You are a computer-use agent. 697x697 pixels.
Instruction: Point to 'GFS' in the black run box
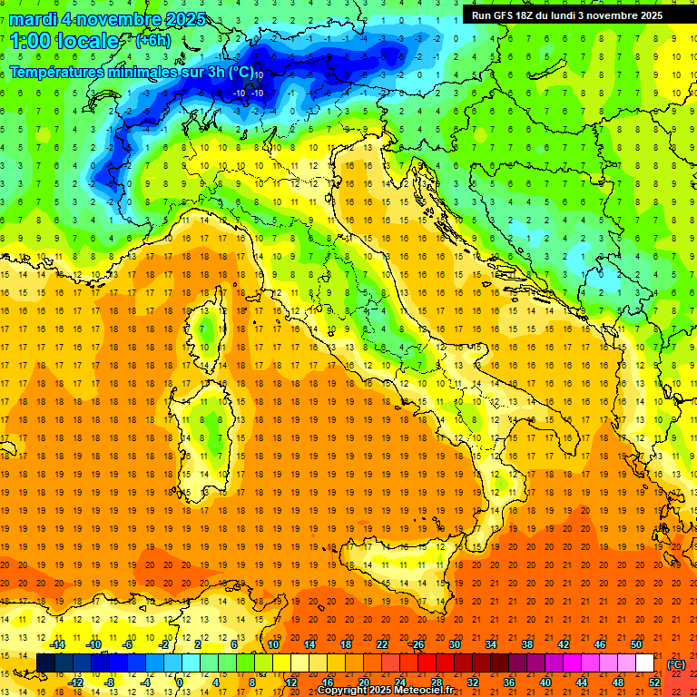(506, 15)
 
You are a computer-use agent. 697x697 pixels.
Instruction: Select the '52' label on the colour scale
(654, 682)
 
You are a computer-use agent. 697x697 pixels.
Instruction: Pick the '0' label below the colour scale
(180, 682)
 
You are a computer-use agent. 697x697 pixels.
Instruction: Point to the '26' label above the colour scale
(417, 644)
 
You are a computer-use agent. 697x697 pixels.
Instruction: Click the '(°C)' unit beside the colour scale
(676, 663)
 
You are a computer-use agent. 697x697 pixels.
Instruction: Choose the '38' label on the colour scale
(526, 644)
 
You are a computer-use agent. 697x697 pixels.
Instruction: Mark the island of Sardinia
(213, 427)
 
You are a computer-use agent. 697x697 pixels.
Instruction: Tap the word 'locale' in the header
(91, 41)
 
